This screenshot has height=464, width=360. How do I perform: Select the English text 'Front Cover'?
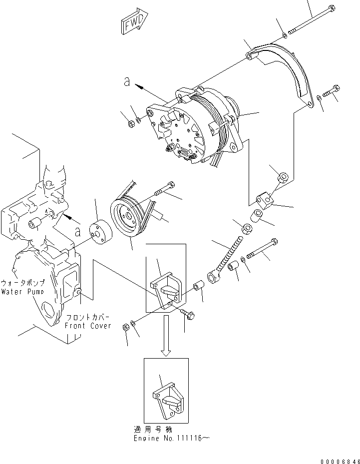coord(87,326)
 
